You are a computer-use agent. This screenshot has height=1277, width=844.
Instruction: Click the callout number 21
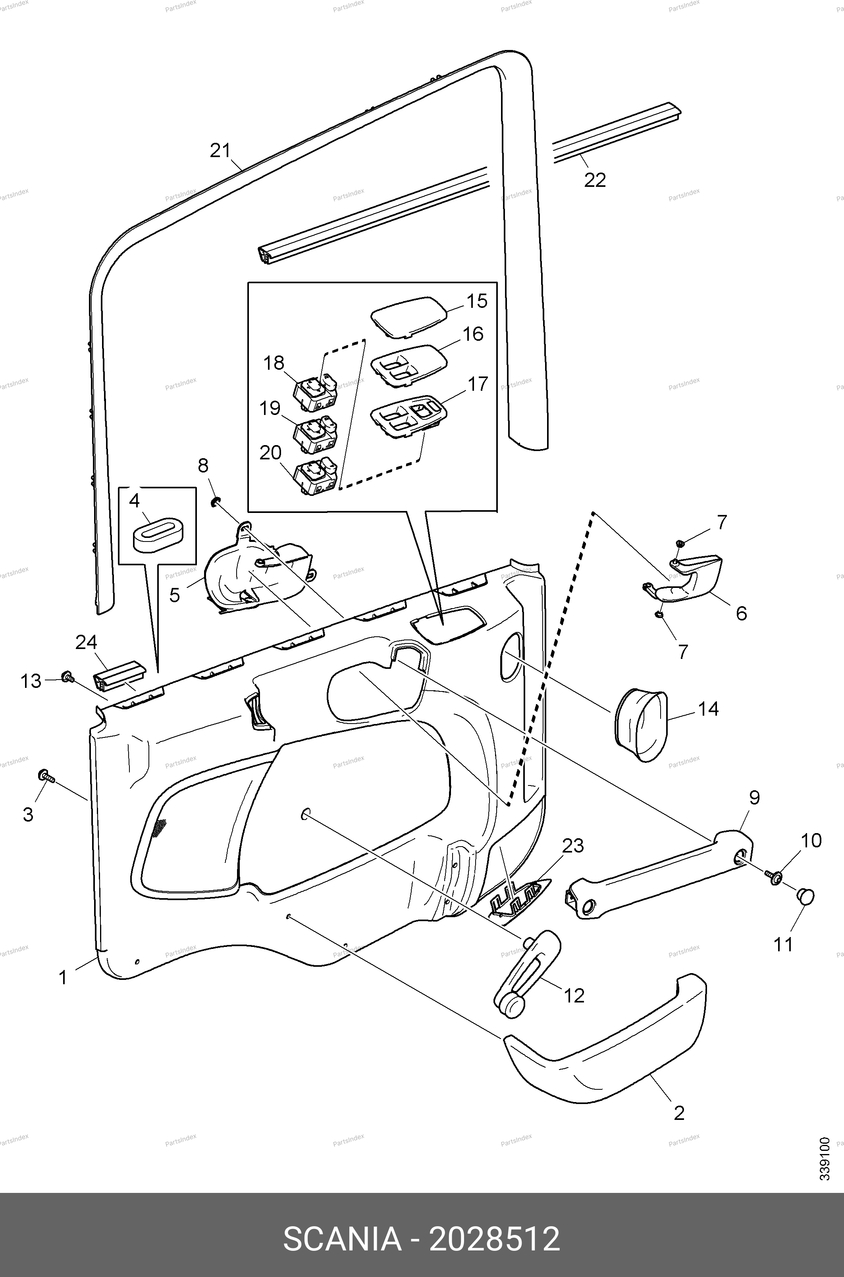tap(220, 151)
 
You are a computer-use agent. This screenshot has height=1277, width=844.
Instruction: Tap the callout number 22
tap(595, 180)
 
